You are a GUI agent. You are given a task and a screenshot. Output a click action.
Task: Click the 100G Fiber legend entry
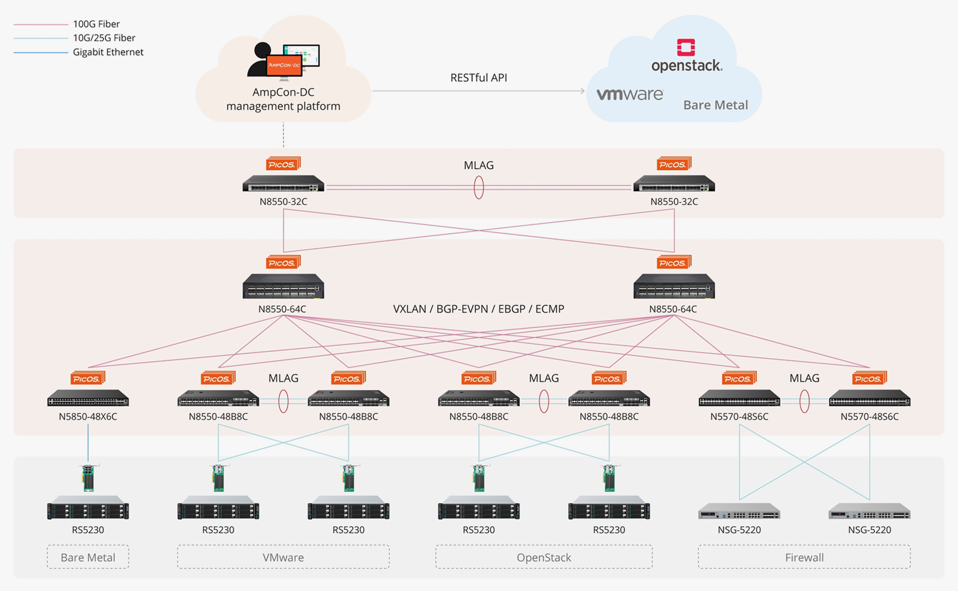pyautogui.click(x=96, y=24)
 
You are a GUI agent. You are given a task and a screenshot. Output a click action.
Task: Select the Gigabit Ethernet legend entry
pyautogui.click(x=108, y=52)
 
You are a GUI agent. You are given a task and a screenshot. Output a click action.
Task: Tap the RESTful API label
pyautogui.click(x=478, y=78)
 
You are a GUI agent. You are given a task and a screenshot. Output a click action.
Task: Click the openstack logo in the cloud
pyautogui.click(x=686, y=57)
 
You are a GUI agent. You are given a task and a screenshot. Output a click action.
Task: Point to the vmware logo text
pyautogui.click(x=630, y=94)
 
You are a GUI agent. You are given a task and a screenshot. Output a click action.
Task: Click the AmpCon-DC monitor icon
pyautogui.click(x=284, y=62)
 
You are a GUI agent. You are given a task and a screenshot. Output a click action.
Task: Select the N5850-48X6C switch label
pyautogui.click(x=88, y=417)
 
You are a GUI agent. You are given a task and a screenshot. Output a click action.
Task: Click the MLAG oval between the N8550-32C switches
pyautogui.click(x=478, y=187)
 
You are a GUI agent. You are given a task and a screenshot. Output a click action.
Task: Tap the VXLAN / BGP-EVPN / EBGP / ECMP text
pyautogui.click(x=478, y=309)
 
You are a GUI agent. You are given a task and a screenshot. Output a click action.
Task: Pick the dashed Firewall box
pyautogui.click(x=804, y=557)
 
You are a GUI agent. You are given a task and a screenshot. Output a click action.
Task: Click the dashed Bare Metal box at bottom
pyautogui.click(x=88, y=557)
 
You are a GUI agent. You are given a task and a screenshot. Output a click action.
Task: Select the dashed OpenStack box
pyautogui.click(x=543, y=557)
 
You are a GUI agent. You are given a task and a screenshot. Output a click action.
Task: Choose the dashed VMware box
pyautogui.click(x=283, y=557)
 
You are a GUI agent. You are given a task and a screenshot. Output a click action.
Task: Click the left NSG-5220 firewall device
pyautogui.click(x=739, y=512)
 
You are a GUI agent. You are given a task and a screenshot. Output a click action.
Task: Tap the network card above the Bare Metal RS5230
pyautogui.click(x=88, y=478)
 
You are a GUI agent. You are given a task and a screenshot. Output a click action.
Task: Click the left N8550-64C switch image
pyautogui.click(x=283, y=287)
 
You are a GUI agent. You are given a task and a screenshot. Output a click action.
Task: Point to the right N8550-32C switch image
pyautogui.click(x=674, y=184)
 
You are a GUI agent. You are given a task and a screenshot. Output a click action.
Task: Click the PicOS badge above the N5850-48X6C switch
pyautogui.click(x=87, y=379)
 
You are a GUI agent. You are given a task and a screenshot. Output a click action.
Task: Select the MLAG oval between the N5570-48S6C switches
pyautogui.click(x=804, y=402)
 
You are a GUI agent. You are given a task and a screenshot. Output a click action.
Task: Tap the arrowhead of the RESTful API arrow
pyautogui.click(x=582, y=91)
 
